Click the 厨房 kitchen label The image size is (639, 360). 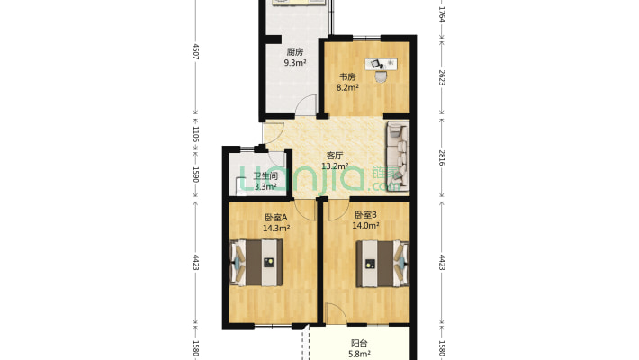point(294,51)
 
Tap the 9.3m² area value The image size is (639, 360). point(295,63)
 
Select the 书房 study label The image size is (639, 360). point(347,76)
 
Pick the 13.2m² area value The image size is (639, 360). point(336,166)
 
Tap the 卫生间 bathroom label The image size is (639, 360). point(265,176)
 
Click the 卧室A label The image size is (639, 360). point(275,217)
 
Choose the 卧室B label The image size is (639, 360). point(364,215)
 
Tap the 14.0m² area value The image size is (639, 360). point(365,227)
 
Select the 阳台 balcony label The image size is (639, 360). point(358,343)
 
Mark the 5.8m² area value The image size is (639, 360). point(358,355)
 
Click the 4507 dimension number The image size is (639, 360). point(195,52)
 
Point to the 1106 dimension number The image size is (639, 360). point(195,134)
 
